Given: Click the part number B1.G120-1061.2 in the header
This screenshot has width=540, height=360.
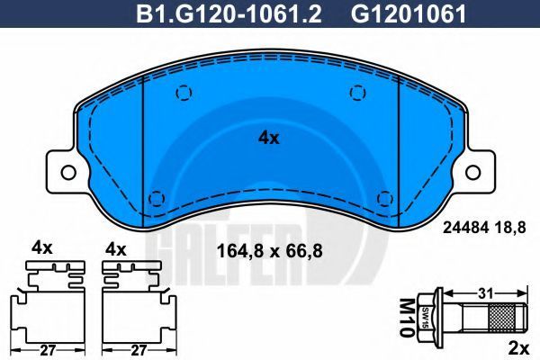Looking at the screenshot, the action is [x=229, y=13].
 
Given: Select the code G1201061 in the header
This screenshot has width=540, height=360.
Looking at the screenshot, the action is [x=409, y=13].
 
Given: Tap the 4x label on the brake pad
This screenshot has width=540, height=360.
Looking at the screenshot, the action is [x=269, y=138].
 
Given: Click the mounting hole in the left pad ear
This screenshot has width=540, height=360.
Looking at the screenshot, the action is [x=68, y=172].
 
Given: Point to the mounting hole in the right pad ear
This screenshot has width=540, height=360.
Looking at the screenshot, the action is [x=472, y=172].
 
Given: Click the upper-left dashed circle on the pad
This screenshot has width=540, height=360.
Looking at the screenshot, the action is [x=184, y=93].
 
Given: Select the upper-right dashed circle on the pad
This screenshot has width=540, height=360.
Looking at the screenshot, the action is [x=357, y=93].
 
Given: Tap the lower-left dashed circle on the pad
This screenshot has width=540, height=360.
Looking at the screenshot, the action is [x=157, y=199].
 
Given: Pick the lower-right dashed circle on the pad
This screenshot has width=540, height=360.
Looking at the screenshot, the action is [x=385, y=199].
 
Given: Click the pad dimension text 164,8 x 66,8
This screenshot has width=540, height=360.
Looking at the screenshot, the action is [x=269, y=251].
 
